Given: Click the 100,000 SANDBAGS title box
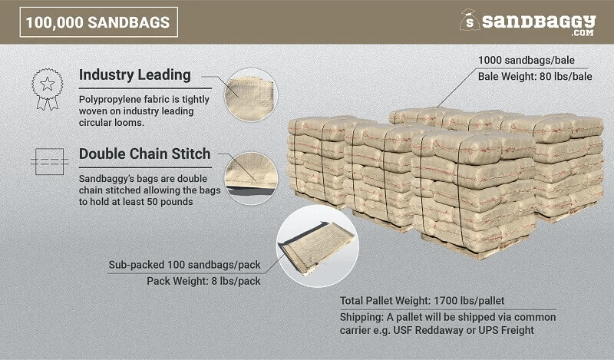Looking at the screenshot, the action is coord(99,22).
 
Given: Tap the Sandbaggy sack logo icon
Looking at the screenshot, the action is coord(470,20).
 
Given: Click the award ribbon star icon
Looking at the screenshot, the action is coord(48,89).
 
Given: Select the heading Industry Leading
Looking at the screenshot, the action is coord(135,74).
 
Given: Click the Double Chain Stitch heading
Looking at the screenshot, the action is coord(144,154).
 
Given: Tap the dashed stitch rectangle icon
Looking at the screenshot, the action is coord(49,161).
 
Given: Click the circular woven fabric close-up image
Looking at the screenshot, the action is coord(251,95).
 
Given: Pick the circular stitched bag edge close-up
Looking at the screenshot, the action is coord(251,178).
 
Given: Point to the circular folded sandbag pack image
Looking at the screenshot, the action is coord(317,246).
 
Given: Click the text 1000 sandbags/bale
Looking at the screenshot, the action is coord(527,61).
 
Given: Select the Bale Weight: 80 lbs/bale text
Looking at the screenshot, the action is coord(535,77).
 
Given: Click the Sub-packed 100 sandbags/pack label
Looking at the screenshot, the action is coord(184,265).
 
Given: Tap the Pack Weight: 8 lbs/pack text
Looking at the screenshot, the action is coord(203,281).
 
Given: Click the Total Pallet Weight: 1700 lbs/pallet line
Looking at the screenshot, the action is coord(422,300).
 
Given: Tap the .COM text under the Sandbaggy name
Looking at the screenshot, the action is coord(583,33).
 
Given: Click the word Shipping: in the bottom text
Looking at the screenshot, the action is coord(361,317).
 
